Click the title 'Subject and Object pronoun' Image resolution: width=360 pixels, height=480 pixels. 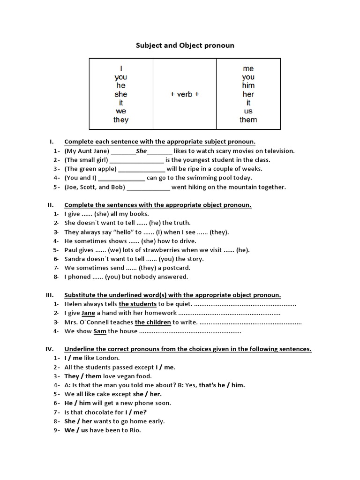pyautogui.click(x=185, y=45)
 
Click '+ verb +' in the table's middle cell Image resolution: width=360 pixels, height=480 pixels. pyautogui.click(x=185, y=94)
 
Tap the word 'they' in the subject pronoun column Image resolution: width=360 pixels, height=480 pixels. pyautogui.click(x=121, y=120)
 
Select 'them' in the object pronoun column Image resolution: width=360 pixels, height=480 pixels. pyautogui.click(x=248, y=120)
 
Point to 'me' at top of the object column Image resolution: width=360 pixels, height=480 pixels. pyautogui.click(x=248, y=68)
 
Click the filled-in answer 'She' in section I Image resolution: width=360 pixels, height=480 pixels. pyautogui.click(x=141, y=151)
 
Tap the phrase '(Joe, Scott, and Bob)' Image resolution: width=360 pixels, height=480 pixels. pyautogui.click(x=95, y=187)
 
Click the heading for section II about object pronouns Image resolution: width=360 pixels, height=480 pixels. pyautogui.click(x=157, y=205)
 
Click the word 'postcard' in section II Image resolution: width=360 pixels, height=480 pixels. pyautogui.click(x=176, y=268)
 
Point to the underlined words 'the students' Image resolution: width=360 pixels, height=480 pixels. pyautogui.click(x=137, y=304)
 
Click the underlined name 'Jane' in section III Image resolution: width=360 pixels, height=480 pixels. pyautogui.click(x=88, y=313)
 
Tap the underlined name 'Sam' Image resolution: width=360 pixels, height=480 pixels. pyautogui.click(x=100, y=331)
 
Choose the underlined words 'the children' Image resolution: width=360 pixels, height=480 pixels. pyautogui.click(x=153, y=322)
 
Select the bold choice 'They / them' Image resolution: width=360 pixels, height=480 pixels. pyautogui.click(x=82, y=376)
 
